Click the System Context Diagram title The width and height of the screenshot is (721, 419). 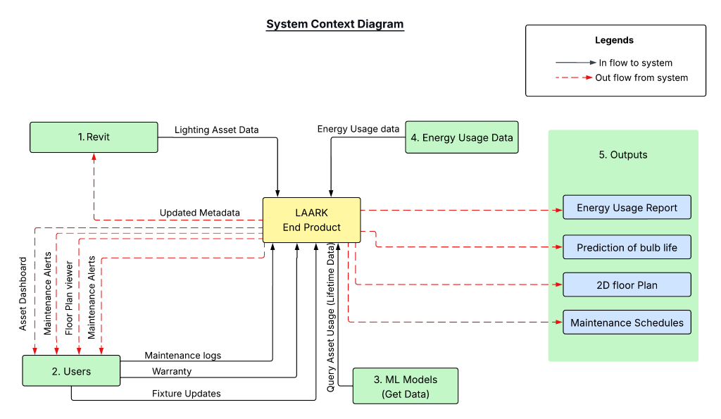334,24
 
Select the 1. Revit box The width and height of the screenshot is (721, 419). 94,137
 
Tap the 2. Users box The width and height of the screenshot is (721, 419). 71,370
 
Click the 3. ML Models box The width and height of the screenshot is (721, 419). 405,385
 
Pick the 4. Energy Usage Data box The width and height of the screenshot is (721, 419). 462,137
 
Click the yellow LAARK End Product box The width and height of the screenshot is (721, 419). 311,220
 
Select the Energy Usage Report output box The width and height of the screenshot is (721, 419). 627,208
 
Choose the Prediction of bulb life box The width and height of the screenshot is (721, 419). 627,247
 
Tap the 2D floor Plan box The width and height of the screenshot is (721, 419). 627,285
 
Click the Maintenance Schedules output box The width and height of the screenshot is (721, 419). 627,323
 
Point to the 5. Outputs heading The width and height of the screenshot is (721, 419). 623,154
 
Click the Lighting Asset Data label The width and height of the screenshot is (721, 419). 216,130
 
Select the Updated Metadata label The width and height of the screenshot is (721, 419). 199,213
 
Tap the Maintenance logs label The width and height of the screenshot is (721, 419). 182,356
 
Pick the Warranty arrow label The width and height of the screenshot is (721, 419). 172,371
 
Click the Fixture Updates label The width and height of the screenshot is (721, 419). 186,394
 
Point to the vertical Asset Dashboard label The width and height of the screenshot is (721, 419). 23,294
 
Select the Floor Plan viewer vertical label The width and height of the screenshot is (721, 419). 69,299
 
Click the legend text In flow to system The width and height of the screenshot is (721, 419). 635,63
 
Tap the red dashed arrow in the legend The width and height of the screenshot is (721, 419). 574,77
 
